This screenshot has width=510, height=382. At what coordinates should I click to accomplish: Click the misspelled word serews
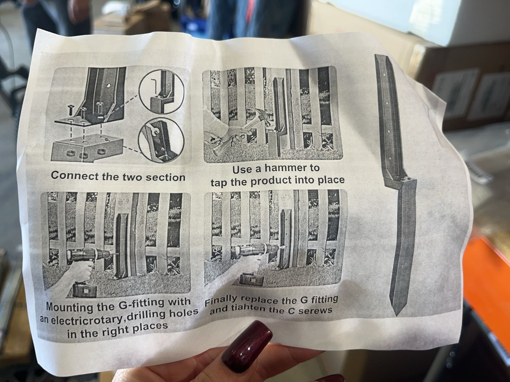point(315,310)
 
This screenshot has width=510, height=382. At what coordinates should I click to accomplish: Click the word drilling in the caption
point(147,316)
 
